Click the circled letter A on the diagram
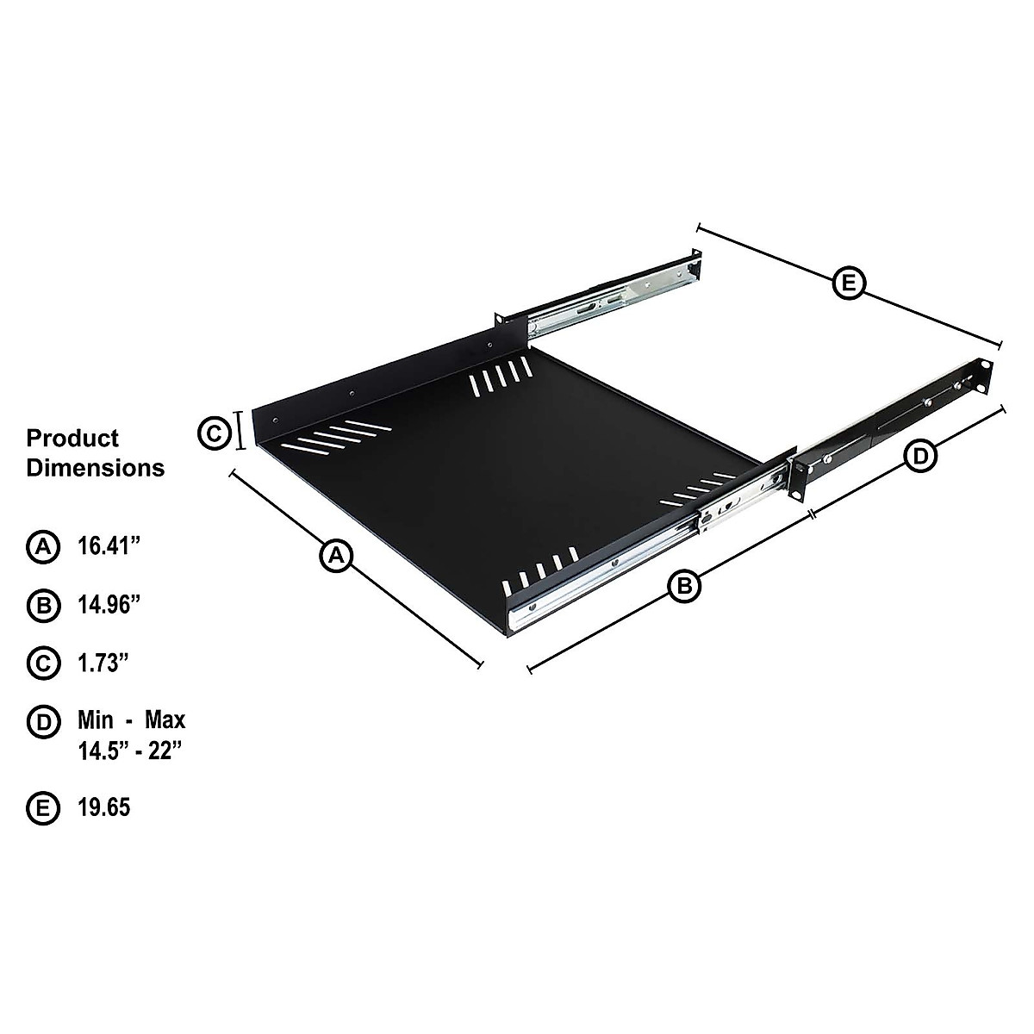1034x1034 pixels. (x=337, y=555)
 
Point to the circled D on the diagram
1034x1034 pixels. (x=920, y=456)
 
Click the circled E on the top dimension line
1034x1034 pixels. (x=850, y=283)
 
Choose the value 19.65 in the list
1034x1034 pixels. (x=104, y=808)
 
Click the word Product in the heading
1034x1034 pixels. (x=72, y=438)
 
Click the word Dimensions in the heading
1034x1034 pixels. (x=95, y=468)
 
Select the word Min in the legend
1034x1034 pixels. (x=97, y=719)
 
